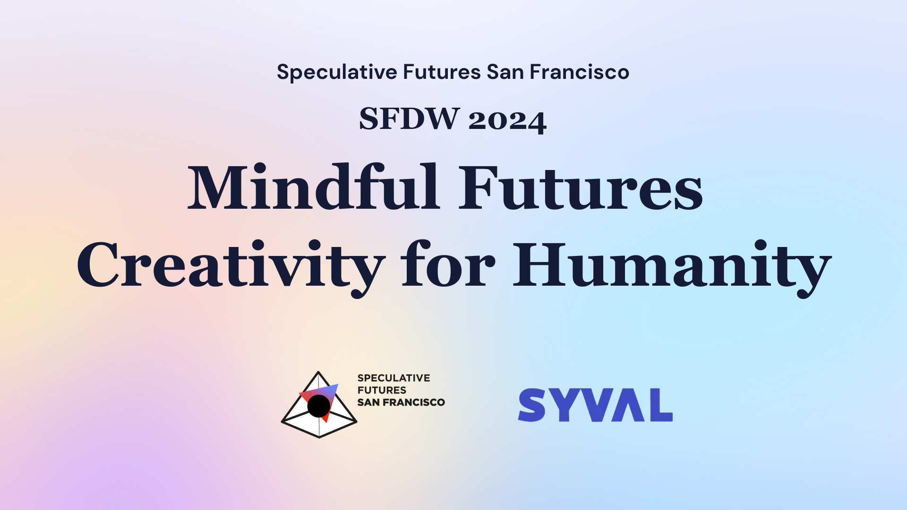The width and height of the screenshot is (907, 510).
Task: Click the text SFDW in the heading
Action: [x=409, y=119]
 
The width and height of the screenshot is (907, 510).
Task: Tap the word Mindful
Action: [x=314, y=187]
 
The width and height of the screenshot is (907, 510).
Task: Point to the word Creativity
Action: [x=231, y=267]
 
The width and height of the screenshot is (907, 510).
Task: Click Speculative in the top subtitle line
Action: [x=337, y=72]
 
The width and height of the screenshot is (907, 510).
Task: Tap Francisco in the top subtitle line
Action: [x=579, y=72]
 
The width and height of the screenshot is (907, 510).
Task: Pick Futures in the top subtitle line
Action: [x=442, y=72]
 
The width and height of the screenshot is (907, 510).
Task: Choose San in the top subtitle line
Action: [x=505, y=72]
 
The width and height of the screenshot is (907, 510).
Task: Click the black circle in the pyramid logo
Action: [x=319, y=406]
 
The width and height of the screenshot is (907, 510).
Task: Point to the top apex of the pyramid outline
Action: [x=318, y=372]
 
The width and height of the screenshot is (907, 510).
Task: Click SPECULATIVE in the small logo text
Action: [x=394, y=378]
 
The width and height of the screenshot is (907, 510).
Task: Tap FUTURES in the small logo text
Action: [x=382, y=390]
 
